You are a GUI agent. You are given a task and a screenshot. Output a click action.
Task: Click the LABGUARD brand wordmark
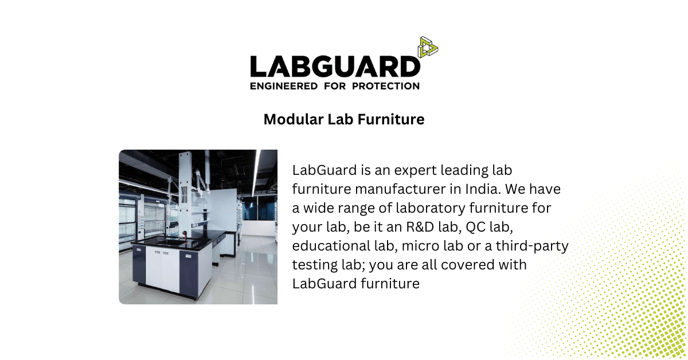(335, 67)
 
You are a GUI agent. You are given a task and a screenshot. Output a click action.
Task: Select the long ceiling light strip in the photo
(256, 172)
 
